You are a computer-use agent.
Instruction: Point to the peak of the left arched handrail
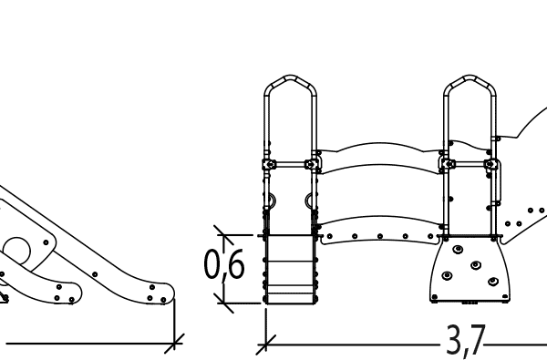291,78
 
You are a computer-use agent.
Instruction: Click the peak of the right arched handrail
470,78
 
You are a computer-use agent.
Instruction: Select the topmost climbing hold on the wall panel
457,247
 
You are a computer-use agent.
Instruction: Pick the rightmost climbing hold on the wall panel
493,282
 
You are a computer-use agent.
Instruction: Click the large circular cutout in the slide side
19,252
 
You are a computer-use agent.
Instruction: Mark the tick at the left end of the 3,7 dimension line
265,345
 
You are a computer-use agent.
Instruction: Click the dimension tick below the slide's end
174,343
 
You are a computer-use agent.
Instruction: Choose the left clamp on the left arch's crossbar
269,165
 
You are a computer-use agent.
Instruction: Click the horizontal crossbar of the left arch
291,165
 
